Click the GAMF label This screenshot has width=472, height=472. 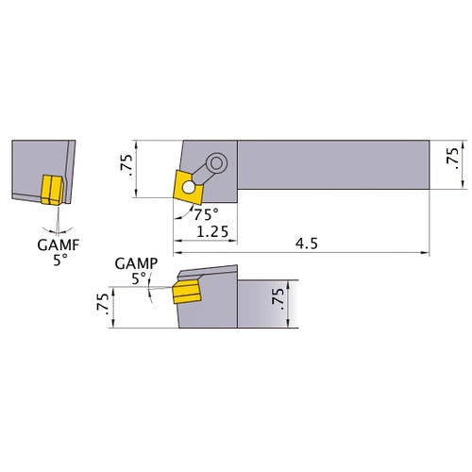[59, 244]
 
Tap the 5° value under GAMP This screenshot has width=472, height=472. [139, 278]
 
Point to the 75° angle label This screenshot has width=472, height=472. [205, 213]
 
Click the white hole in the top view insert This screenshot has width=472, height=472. [192, 188]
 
